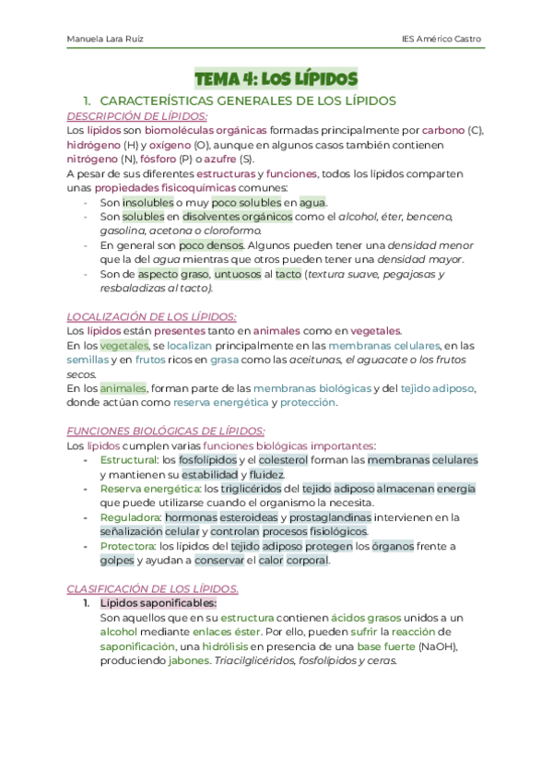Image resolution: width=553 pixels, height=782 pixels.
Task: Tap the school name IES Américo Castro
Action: point(441,40)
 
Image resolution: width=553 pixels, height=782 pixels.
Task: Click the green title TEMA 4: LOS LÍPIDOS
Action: point(276,79)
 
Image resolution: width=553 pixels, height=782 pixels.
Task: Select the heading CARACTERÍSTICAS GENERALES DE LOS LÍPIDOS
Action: point(247,101)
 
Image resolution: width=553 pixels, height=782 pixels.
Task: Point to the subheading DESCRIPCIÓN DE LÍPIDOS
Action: point(137,116)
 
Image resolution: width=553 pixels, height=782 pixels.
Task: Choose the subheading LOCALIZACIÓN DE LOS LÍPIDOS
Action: point(152,315)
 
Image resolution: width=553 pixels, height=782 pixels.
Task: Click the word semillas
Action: point(88,360)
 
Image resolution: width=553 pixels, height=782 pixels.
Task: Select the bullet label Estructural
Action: point(128,459)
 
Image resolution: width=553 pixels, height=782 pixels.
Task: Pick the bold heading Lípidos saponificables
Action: point(157,603)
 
